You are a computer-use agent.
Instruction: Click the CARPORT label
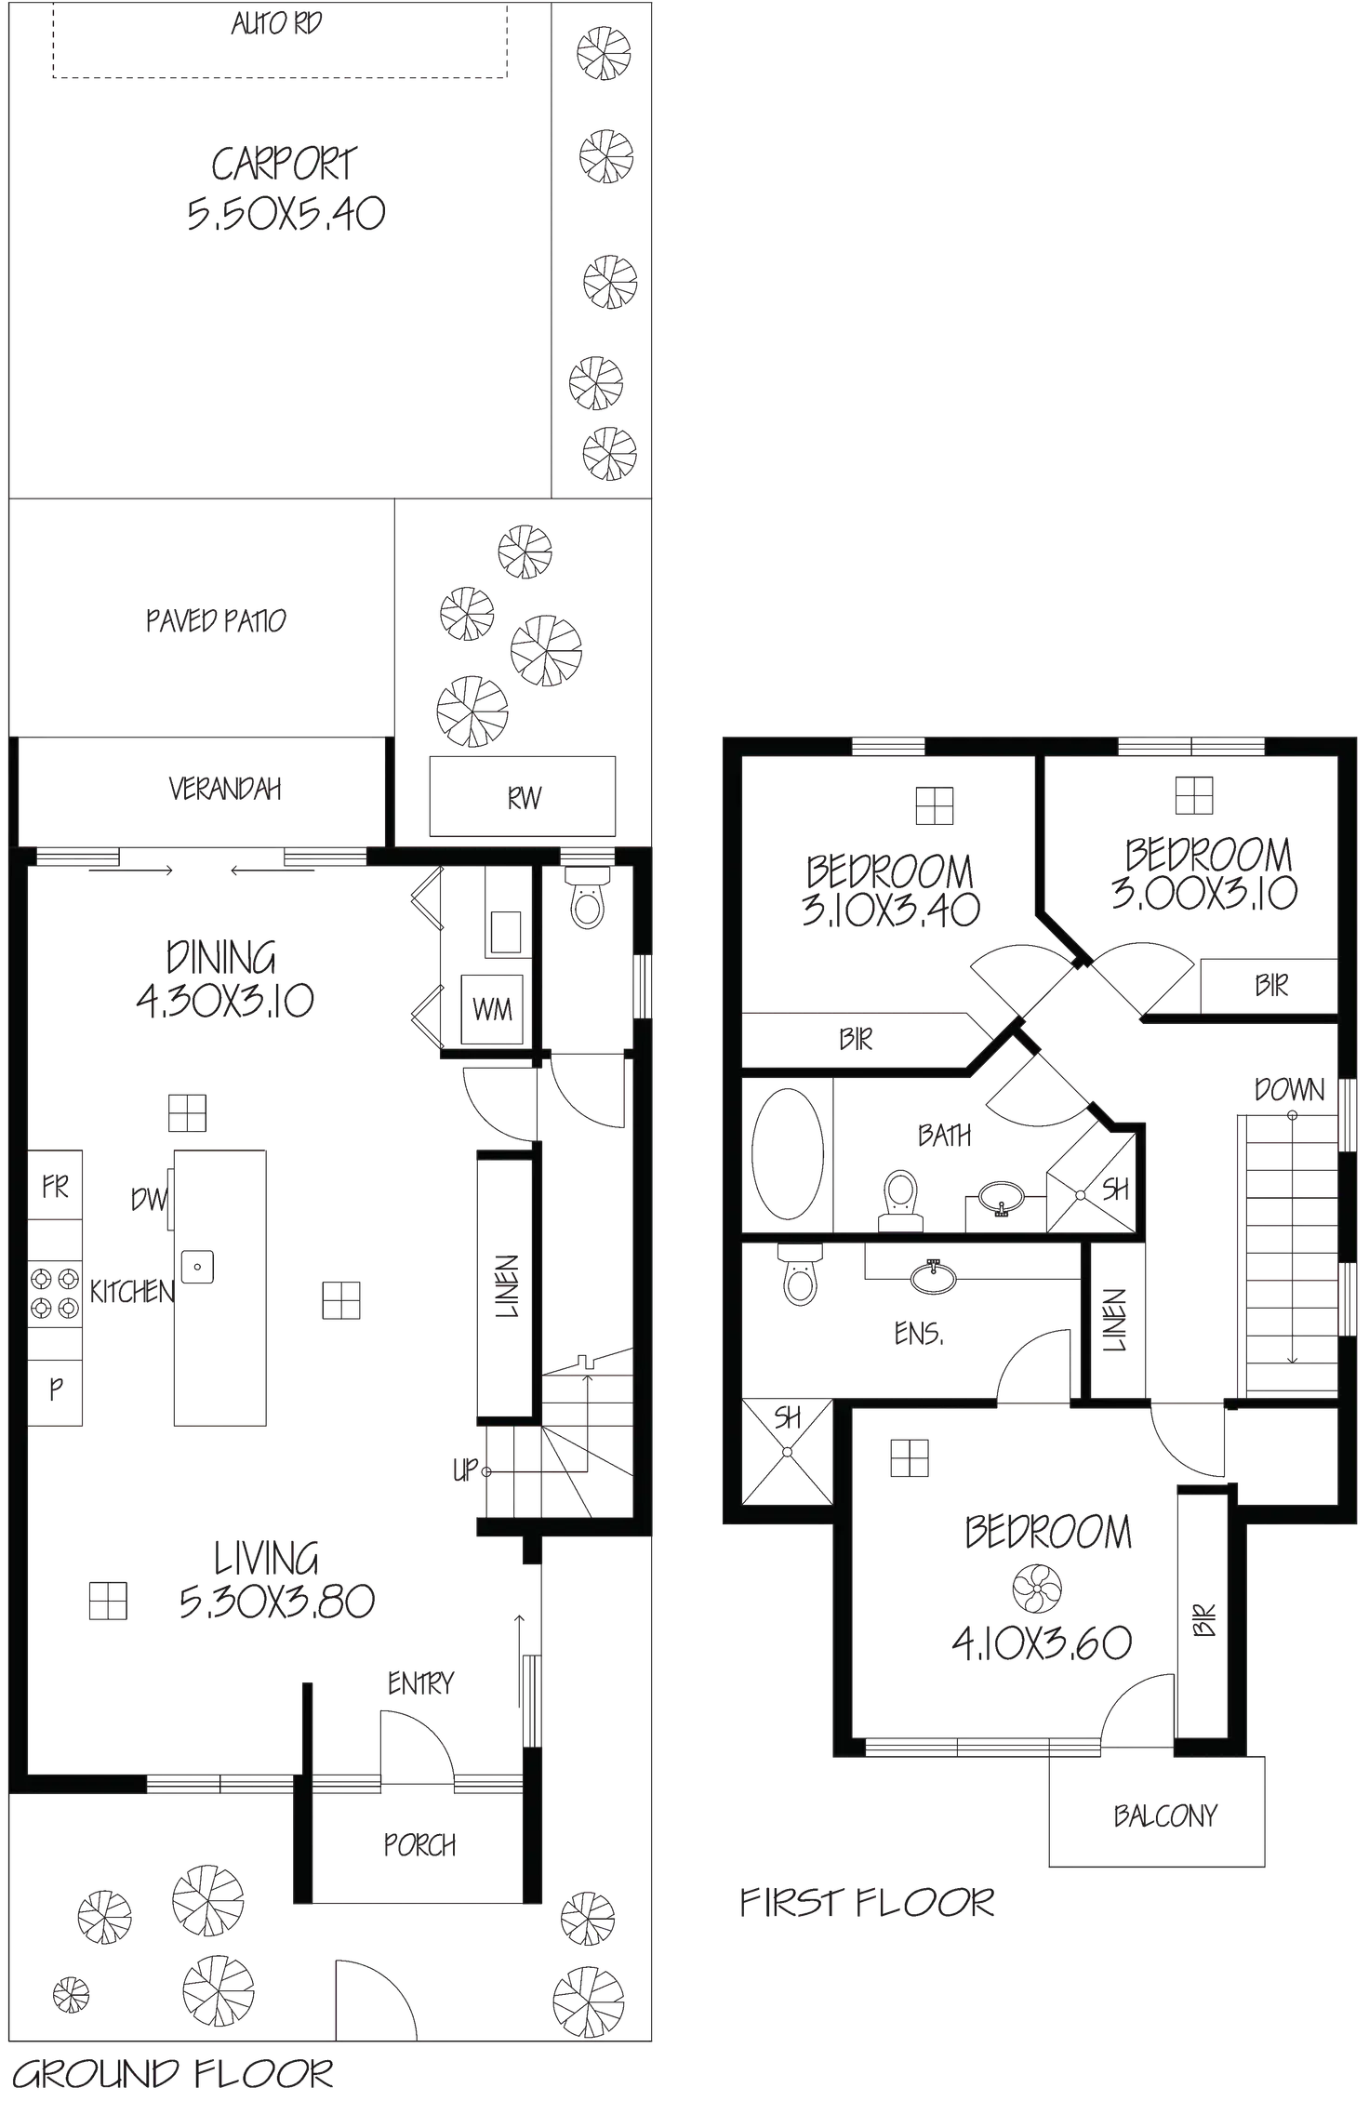(285, 165)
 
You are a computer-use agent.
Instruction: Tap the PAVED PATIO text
(216, 621)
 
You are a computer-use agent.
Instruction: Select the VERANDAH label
(223, 790)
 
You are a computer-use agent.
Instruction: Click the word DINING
(222, 958)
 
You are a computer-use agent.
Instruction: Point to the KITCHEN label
(130, 1293)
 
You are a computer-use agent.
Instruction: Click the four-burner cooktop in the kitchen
(55, 1294)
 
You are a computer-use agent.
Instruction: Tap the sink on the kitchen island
(197, 1265)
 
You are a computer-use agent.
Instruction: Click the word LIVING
(268, 1557)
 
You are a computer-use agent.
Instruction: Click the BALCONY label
(1163, 1815)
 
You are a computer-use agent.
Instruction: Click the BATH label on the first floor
(944, 1136)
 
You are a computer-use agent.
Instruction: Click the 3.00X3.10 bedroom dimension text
(1203, 894)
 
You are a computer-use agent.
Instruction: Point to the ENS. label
(918, 1335)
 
